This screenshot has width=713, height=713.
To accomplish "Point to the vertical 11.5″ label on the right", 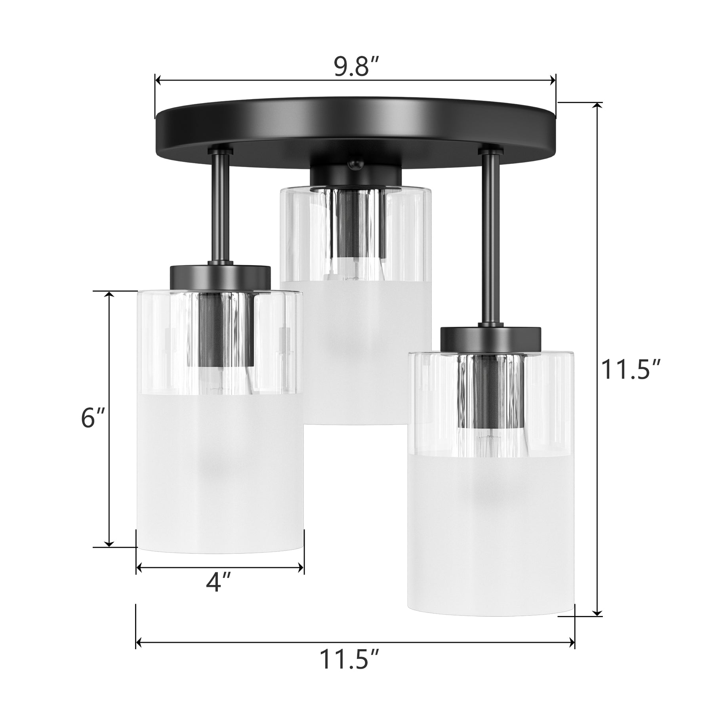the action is pyautogui.click(x=630, y=370).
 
